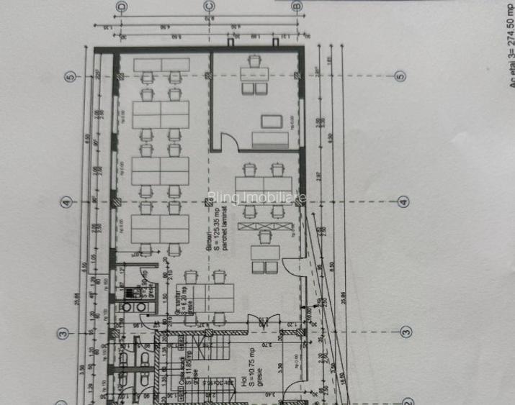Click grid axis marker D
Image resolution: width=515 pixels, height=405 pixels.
[x=120, y=6]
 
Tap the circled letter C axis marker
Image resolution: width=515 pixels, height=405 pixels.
[x=209, y=6]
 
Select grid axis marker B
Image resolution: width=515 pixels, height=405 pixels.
[x=297, y=6]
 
